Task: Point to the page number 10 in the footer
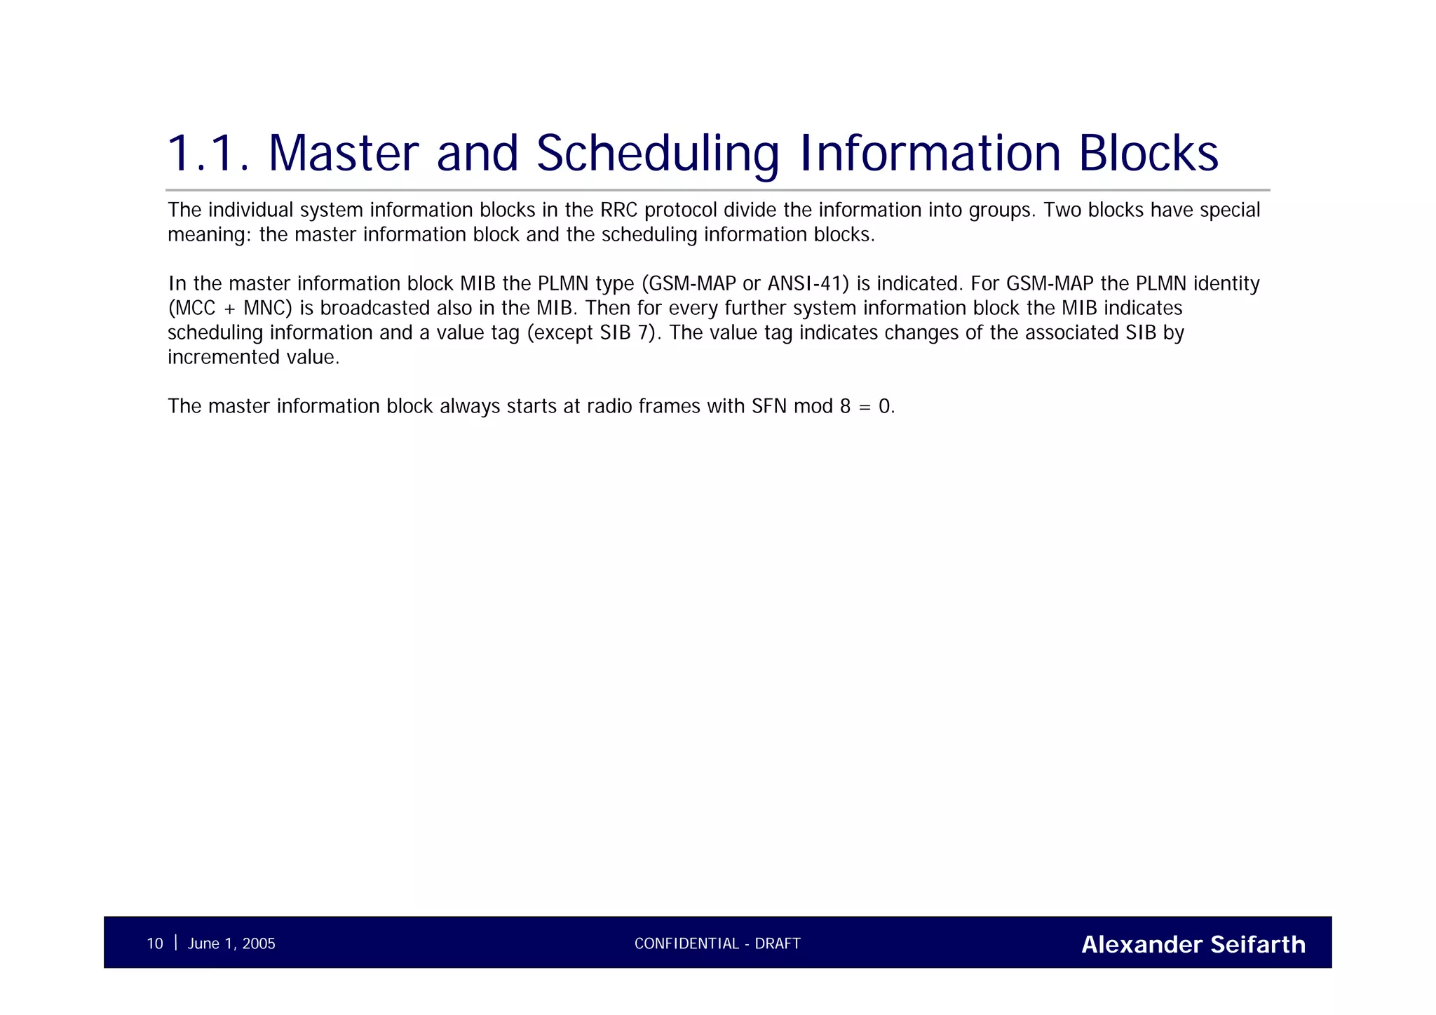[154, 943]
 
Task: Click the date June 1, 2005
[231, 943]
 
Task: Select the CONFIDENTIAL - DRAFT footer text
[717, 943]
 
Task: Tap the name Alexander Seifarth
[1193, 944]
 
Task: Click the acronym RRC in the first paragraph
[618, 210]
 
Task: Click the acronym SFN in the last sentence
[769, 406]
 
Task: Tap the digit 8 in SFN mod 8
[845, 406]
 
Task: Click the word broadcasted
[374, 308]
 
